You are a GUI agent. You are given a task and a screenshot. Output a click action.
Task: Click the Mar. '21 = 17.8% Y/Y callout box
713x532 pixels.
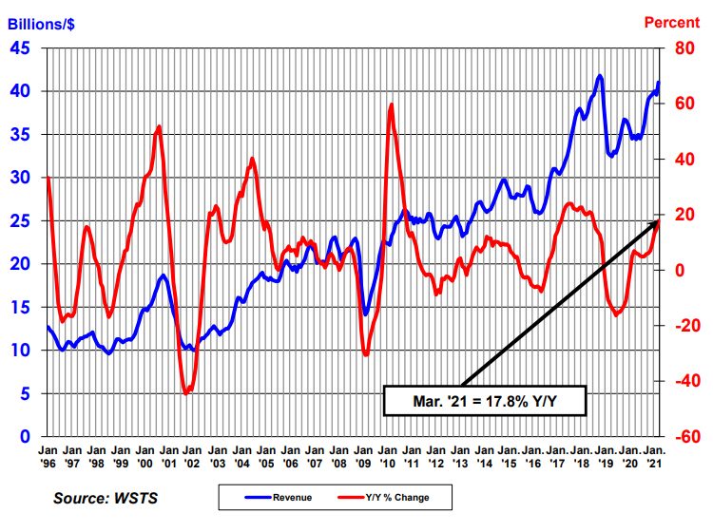484,400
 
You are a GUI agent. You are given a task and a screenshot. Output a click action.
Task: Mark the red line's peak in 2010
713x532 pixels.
392,104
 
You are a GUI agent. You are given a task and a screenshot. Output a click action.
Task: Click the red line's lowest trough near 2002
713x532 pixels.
187,392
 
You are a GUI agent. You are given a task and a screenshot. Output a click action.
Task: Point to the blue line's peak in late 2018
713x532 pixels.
600,76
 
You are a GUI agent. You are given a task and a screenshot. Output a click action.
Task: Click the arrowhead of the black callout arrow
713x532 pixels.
658,221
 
